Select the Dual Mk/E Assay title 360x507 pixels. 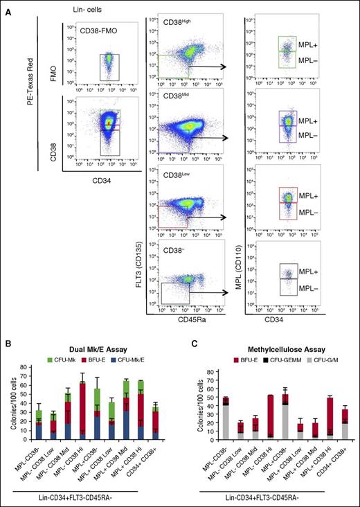coord(101,347)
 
